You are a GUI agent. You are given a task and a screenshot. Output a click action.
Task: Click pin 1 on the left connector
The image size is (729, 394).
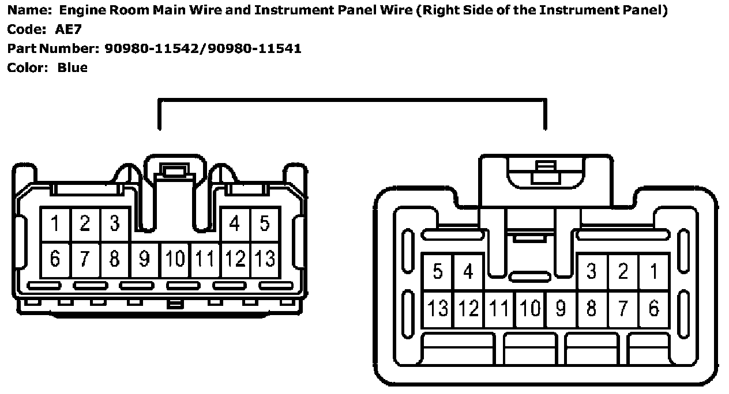pyautogui.click(x=55, y=224)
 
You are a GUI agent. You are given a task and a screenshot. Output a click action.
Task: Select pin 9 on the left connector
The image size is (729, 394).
pyautogui.click(x=145, y=260)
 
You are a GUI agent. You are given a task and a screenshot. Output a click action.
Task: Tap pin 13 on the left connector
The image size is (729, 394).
pyautogui.click(x=265, y=260)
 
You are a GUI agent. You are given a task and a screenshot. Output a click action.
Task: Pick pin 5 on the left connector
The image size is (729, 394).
pyautogui.click(x=265, y=224)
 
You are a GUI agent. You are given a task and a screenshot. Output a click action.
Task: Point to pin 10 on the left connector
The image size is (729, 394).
pyautogui.click(x=175, y=260)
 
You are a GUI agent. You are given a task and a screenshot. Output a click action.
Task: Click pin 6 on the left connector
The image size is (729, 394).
pyautogui.click(x=55, y=260)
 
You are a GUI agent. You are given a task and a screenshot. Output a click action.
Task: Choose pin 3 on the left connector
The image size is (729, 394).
pyautogui.click(x=115, y=224)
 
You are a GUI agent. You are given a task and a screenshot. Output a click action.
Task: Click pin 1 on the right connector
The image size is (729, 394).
pyautogui.click(x=654, y=271)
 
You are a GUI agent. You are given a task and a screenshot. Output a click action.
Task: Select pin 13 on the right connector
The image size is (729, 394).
pyautogui.click(x=438, y=309)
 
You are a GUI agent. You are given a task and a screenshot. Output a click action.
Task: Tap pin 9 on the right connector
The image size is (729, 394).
pyautogui.click(x=561, y=309)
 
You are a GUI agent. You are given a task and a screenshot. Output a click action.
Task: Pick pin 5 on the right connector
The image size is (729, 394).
pyautogui.click(x=438, y=271)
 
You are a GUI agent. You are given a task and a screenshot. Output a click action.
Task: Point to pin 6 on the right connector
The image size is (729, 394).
pyautogui.click(x=654, y=309)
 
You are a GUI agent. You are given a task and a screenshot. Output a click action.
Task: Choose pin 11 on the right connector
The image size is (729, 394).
pyautogui.click(x=499, y=309)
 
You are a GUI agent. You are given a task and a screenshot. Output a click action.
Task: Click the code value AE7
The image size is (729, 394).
pyautogui.click(x=72, y=29)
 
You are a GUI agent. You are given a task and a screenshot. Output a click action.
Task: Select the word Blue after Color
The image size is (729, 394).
pyautogui.click(x=72, y=67)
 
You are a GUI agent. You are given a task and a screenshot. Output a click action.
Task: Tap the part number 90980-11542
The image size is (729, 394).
pyautogui.click(x=152, y=48)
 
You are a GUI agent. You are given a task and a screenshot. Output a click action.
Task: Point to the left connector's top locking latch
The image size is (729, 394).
pyautogui.click(x=174, y=171)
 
